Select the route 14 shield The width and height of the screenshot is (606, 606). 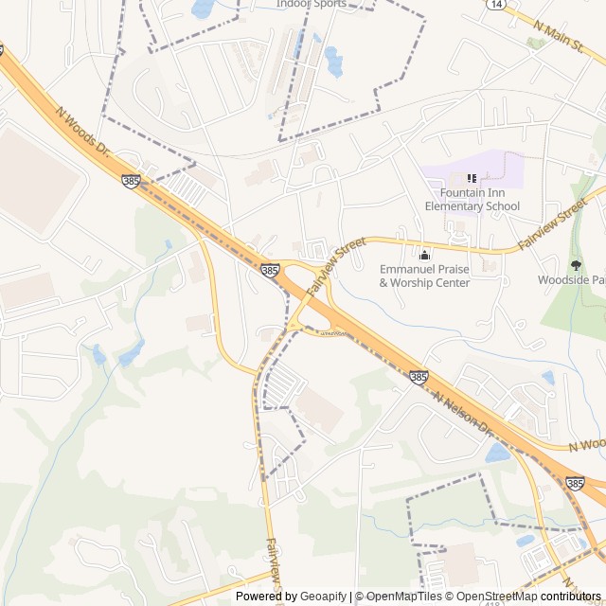496,5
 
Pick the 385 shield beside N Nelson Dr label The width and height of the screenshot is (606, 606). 419,377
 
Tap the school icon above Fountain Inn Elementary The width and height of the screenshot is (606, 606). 472,178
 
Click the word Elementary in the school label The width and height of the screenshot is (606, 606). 457,206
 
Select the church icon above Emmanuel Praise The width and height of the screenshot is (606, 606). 424,254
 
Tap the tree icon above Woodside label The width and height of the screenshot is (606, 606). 576,265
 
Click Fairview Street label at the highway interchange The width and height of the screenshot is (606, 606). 336,264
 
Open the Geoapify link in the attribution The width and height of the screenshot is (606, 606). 323,597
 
